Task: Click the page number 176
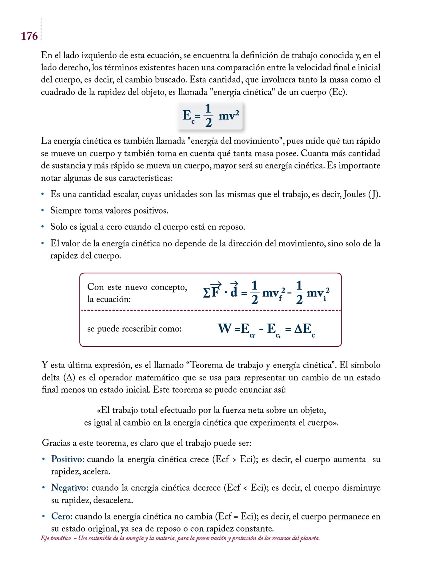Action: click(29, 36)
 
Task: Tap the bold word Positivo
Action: click(67, 459)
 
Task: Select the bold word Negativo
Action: click(70, 488)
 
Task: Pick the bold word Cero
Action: click(62, 516)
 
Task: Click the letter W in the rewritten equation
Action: click(224, 329)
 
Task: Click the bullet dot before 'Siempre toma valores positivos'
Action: click(43, 211)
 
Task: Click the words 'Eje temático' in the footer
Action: click(56, 538)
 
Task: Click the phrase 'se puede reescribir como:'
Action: click(134, 329)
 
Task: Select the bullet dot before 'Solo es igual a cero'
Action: click(43, 227)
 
